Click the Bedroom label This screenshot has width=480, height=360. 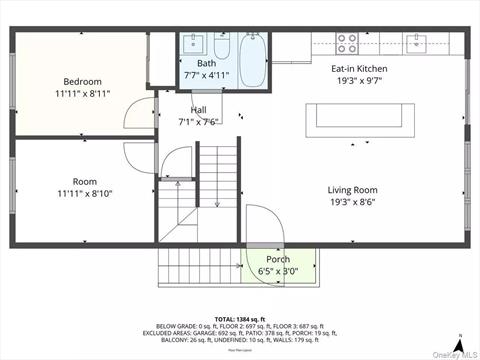click(x=83, y=81)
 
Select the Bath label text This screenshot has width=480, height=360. click(x=206, y=63)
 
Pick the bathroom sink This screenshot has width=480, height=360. click(x=193, y=46)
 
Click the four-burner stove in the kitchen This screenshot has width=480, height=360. click(x=347, y=43)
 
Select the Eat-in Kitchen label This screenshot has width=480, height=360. click(x=359, y=69)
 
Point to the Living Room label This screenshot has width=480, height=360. click(x=352, y=189)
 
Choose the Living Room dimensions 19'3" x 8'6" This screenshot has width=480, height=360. click(x=352, y=201)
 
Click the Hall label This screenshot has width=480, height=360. click(x=198, y=110)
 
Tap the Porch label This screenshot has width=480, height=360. click(x=277, y=259)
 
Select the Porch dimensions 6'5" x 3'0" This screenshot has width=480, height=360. click(x=277, y=271)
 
